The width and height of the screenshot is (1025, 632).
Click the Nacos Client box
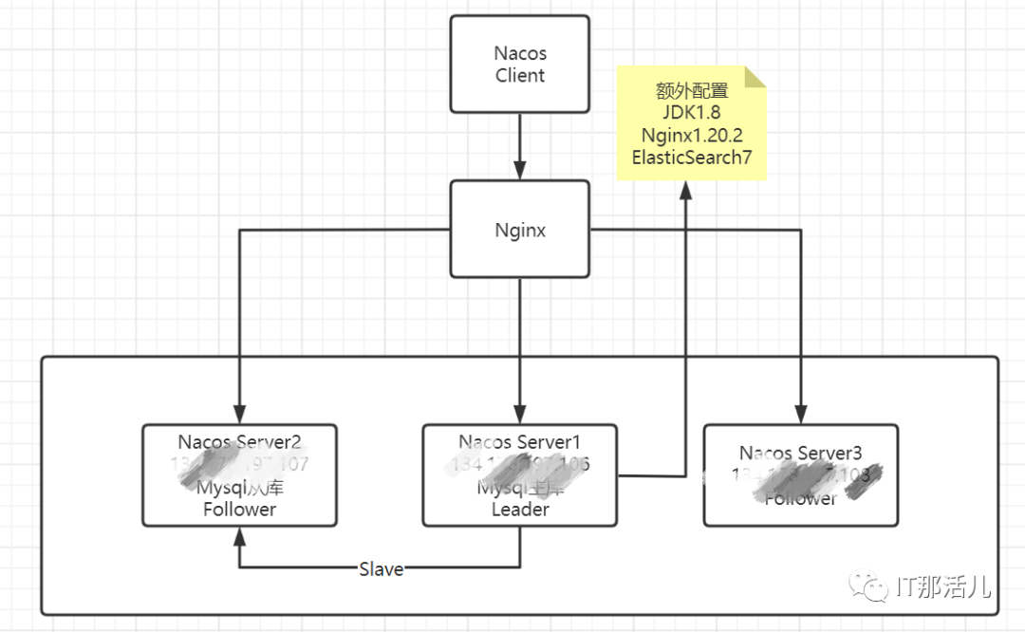tap(520, 65)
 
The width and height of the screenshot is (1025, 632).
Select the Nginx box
tap(520, 230)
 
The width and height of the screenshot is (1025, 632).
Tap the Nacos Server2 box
tap(239, 475)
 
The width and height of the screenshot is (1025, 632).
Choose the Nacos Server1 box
tap(520, 475)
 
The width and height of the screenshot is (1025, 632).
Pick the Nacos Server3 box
tap(800, 475)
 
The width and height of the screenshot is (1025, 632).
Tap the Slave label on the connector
tap(381, 569)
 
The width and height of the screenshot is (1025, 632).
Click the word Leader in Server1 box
tap(520, 510)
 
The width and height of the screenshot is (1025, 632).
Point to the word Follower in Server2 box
tap(239, 510)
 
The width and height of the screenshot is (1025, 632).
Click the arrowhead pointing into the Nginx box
tap(520, 172)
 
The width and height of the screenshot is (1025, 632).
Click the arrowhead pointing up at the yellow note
tap(684, 191)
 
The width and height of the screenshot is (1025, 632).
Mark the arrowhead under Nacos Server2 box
tap(239, 536)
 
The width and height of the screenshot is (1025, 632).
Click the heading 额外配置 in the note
tap(691, 91)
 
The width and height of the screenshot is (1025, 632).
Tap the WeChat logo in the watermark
tap(870, 587)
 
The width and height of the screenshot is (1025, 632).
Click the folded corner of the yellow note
tap(755, 76)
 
